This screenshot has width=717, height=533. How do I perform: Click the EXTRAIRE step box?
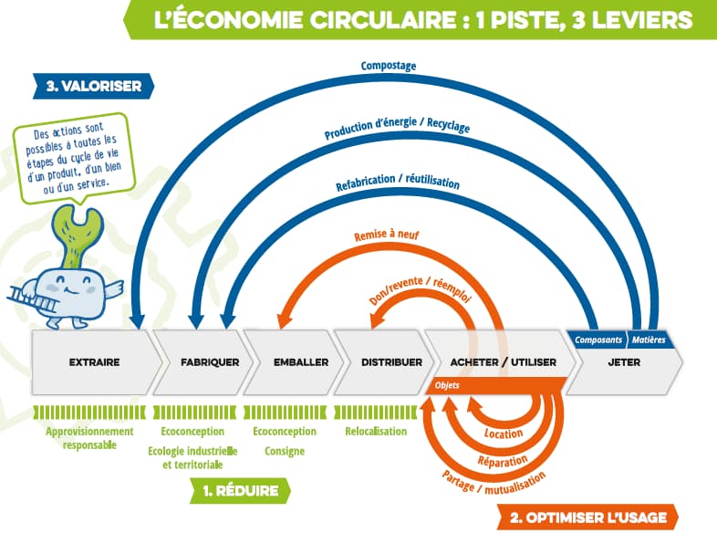click(x=94, y=362)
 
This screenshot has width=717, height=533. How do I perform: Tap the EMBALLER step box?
click(x=300, y=362)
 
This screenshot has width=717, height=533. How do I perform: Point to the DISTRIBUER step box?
click(x=391, y=362)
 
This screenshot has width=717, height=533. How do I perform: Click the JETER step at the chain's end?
click(x=624, y=362)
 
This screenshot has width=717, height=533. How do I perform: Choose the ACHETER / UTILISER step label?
click(x=503, y=362)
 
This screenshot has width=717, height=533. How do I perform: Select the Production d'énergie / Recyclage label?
click(x=397, y=129)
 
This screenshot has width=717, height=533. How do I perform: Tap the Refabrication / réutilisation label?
click(x=396, y=177)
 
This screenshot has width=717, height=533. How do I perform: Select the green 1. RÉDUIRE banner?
click(x=241, y=490)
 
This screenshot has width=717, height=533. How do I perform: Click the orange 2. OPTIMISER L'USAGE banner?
click(x=588, y=517)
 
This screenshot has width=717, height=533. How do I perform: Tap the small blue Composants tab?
click(x=597, y=340)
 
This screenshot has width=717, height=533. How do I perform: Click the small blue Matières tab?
click(x=649, y=340)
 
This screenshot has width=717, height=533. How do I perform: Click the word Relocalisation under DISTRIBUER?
click(x=376, y=431)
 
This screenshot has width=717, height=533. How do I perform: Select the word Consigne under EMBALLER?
click(x=285, y=451)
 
